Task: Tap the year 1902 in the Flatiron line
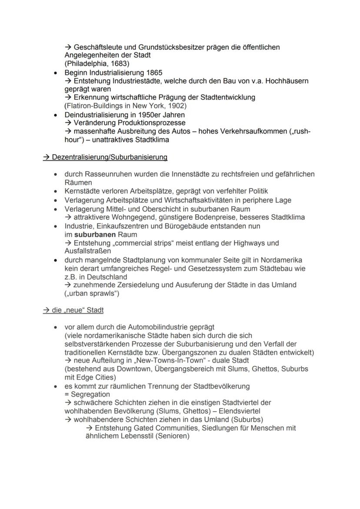click(177, 106)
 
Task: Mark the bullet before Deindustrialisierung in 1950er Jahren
click(55, 115)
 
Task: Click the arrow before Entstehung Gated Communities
click(90, 428)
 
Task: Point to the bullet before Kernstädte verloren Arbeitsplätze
click(55, 192)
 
